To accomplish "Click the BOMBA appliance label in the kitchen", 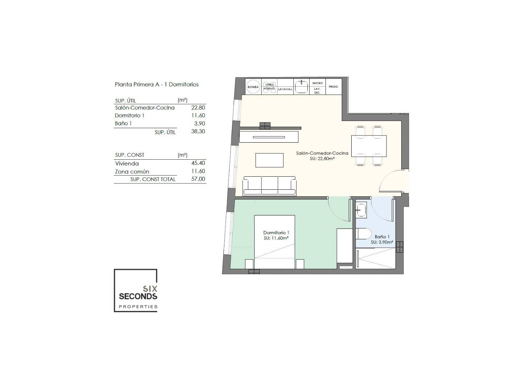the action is [x=253, y=87].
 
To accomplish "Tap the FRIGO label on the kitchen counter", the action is [x=333, y=87].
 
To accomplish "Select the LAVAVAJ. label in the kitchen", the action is [x=285, y=89].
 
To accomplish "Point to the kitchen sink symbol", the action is [x=302, y=87].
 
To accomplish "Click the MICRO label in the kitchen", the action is [x=318, y=83].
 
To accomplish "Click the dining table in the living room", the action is [x=369, y=146].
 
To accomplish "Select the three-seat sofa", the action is [x=269, y=186].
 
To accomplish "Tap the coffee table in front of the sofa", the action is [x=269, y=160].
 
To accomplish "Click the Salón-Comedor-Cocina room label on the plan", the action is [x=322, y=153].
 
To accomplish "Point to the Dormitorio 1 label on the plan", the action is [x=276, y=233].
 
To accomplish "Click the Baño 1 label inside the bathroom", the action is [x=382, y=237].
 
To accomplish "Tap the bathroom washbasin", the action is [x=361, y=210].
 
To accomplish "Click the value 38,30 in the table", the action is [x=198, y=131].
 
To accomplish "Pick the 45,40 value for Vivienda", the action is [x=198, y=163].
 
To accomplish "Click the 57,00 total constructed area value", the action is [x=198, y=179].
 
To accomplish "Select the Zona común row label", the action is [x=132, y=171].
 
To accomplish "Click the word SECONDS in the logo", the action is [x=138, y=296].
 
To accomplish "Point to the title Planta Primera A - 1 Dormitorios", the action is [x=157, y=84].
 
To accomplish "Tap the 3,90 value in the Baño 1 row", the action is [x=199, y=123].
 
